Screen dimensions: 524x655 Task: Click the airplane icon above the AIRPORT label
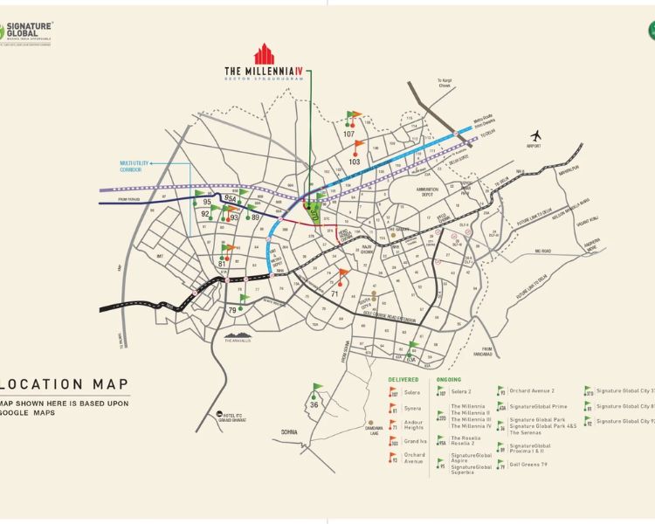(x=535, y=135)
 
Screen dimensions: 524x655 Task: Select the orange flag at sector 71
(x=343, y=274)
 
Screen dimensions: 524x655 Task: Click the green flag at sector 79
(x=244, y=299)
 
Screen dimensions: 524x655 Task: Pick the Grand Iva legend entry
(x=414, y=442)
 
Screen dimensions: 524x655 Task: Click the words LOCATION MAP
(x=65, y=384)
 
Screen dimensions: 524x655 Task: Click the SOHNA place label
(x=289, y=432)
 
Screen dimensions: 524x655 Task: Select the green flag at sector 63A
(x=414, y=347)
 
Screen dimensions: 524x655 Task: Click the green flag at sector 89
(x=252, y=208)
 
